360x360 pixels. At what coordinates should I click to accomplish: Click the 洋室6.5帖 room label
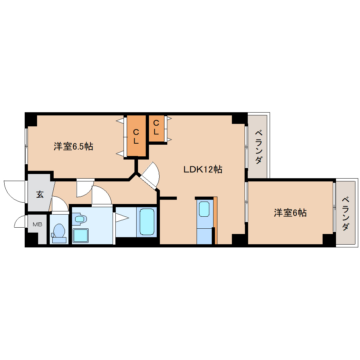click(x=73, y=146)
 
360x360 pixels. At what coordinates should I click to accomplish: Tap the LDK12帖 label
click(x=203, y=169)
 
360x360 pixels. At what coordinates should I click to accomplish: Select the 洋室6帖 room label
click(x=290, y=213)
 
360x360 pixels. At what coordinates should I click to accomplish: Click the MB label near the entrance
click(x=37, y=224)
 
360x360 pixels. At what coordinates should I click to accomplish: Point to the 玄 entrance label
click(x=40, y=194)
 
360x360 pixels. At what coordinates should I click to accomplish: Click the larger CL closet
click(x=136, y=136)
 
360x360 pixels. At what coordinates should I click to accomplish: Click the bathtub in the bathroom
click(x=147, y=222)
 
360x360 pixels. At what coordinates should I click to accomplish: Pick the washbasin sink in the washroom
click(x=80, y=219)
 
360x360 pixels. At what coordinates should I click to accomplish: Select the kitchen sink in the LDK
click(x=204, y=209)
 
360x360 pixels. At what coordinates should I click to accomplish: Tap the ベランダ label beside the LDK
click(x=258, y=147)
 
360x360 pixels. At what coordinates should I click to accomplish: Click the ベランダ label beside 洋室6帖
click(x=346, y=213)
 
